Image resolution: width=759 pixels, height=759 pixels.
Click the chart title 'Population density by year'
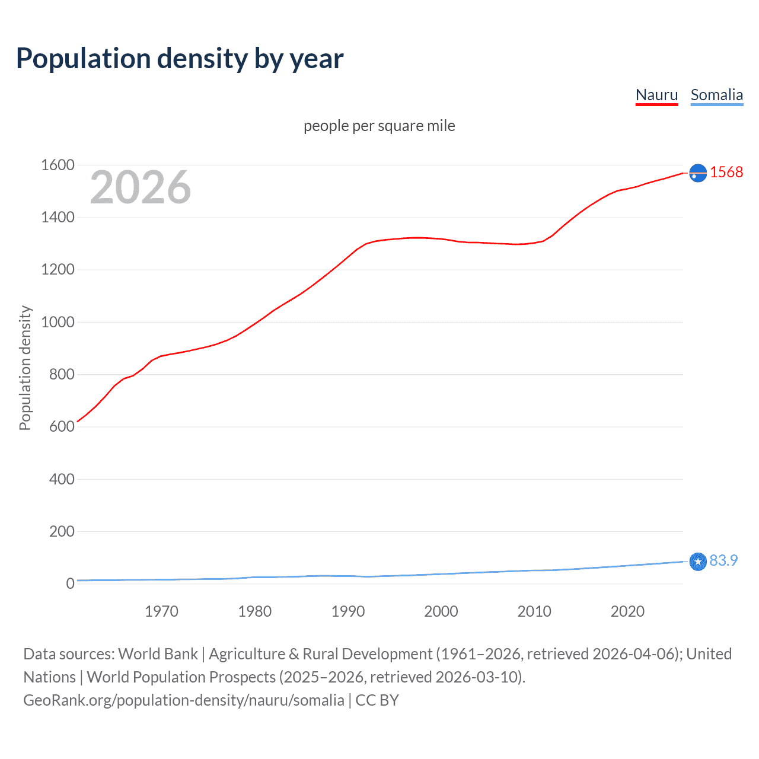click(180, 59)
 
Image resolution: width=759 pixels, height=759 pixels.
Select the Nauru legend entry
click(656, 95)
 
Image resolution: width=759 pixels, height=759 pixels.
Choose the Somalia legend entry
click(716, 95)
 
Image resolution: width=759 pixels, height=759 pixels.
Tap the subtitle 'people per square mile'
click(379, 126)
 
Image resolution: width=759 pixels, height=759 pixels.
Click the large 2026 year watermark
click(141, 187)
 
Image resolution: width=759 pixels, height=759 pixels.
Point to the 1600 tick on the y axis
click(58, 165)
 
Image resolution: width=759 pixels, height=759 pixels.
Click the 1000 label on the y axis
click(58, 322)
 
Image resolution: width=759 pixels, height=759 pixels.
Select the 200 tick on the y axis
click(62, 531)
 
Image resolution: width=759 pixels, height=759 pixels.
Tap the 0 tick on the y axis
click(70, 583)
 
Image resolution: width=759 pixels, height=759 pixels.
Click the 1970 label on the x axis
click(161, 611)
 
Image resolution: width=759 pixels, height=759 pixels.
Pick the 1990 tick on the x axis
click(348, 611)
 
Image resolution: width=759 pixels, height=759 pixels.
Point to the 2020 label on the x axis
click(627, 611)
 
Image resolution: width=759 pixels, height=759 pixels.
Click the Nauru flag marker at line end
click(698, 173)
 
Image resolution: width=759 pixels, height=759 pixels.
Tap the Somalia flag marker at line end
click(698, 561)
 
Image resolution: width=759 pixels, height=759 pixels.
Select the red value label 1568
click(726, 172)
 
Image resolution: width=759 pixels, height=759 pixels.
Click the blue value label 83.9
click(723, 560)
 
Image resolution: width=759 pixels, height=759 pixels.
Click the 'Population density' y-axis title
click(25, 368)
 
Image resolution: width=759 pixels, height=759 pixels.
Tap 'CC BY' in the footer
click(377, 700)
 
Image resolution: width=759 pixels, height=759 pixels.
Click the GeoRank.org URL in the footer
click(184, 700)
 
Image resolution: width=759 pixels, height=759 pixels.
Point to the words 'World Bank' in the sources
click(158, 654)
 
